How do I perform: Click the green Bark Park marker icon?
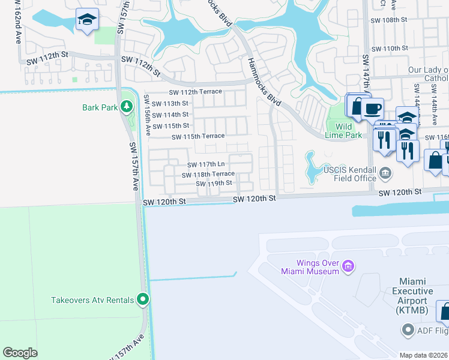[126, 107]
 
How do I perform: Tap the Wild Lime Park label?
[343, 131]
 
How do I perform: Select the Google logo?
[20, 353]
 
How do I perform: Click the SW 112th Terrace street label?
[195, 92]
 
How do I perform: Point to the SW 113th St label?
[170, 103]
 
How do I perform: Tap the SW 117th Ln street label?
[206, 164]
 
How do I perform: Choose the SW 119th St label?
[214, 183]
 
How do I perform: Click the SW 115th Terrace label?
[198, 137]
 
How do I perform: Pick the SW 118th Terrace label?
[208, 174]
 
